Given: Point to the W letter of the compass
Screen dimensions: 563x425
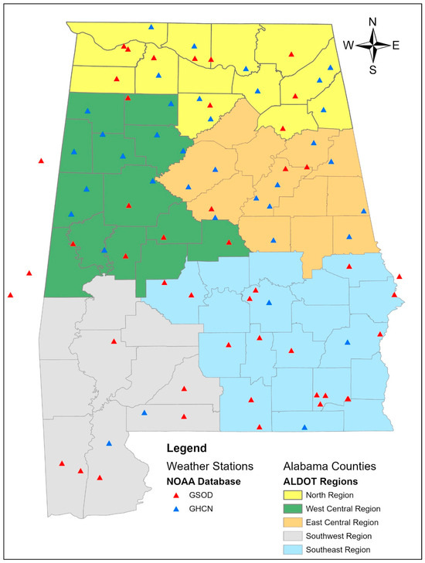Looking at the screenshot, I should [x=348, y=46].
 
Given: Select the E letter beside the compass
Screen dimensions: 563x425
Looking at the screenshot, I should [x=396, y=46].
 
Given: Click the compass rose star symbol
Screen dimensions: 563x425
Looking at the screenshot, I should [x=372, y=46].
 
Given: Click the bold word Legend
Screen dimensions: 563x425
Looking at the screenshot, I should [x=188, y=448].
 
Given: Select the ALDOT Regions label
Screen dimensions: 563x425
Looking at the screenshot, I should [x=317, y=481].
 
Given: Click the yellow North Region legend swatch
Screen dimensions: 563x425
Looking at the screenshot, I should [x=292, y=495].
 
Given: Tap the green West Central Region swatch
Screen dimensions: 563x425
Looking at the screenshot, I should [x=292, y=509].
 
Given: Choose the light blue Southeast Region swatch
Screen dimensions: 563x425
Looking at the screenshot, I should [x=292, y=549].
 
